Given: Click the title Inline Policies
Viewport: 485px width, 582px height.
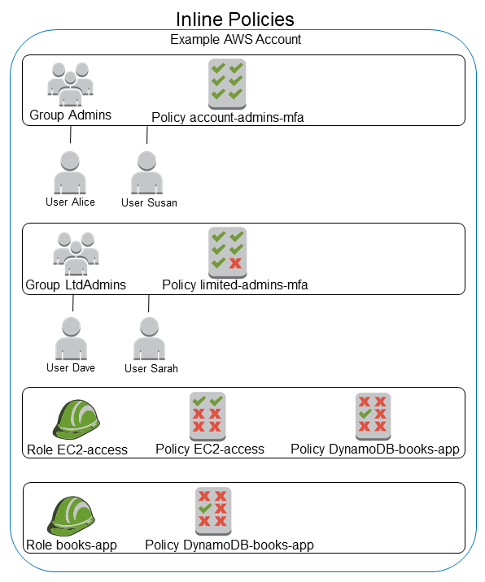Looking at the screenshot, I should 235,18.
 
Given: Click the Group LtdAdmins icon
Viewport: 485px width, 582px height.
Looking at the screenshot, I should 76,252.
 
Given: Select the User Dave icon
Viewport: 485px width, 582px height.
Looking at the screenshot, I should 71,338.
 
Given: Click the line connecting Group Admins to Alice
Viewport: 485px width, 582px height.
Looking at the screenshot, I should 71,135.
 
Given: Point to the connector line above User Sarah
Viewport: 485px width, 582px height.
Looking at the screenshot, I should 149,303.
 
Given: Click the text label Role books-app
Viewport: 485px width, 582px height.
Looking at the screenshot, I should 72,545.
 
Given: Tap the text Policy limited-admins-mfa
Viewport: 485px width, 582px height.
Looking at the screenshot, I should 234,285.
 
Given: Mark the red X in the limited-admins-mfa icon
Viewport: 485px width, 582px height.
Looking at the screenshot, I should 236,263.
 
